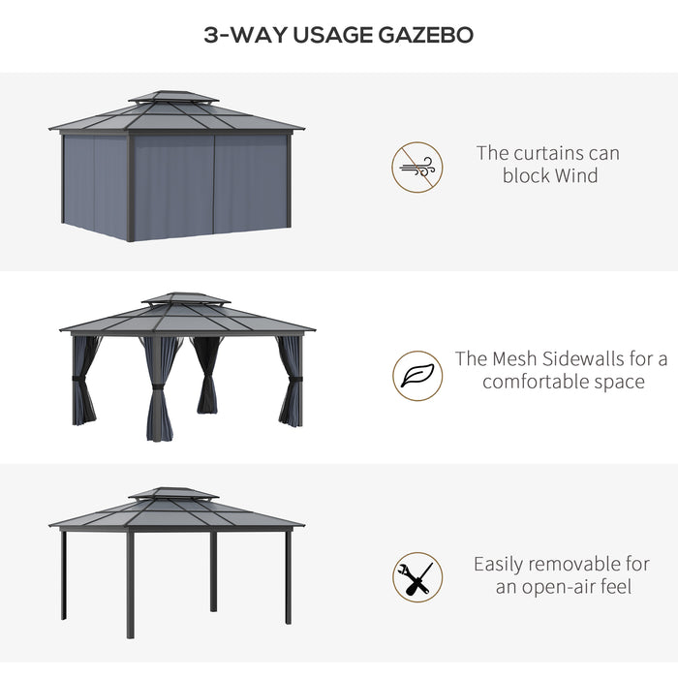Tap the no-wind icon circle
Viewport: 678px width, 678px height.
pos(417,167)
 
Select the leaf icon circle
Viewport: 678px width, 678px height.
pos(417,376)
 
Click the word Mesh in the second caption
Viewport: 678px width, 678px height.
pos(521,359)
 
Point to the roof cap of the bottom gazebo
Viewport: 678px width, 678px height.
pos(173,494)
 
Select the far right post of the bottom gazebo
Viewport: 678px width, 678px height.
pos(288,576)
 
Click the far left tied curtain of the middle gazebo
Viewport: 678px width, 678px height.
pos(84,383)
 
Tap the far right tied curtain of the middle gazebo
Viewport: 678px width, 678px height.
pos(291,383)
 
